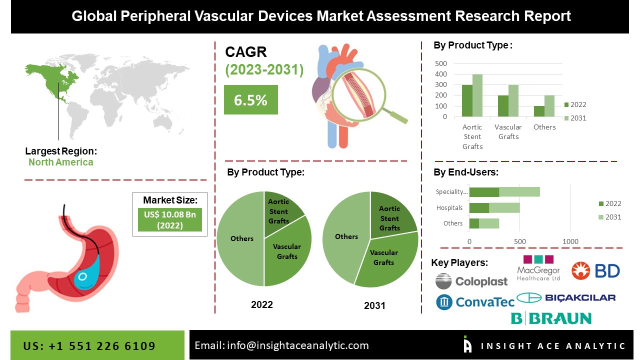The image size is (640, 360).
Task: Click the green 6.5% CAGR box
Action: click(x=250, y=99)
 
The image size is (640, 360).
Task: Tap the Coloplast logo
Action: click(x=471, y=281)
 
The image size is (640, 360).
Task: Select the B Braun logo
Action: click(x=551, y=318)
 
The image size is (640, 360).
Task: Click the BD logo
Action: click(x=595, y=271)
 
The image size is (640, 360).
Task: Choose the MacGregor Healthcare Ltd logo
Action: click(x=538, y=268)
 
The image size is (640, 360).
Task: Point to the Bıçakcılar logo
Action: click(x=566, y=298)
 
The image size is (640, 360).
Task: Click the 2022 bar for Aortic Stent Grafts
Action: click(x=467, y=100)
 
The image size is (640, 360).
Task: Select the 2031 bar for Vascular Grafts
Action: click(x=513, y=100)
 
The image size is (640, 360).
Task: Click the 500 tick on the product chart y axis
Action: click(x=441, y=63)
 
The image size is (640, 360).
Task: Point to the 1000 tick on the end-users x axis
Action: click(x=570, y=242)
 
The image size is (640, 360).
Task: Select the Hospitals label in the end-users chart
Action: click(x=449, y=207)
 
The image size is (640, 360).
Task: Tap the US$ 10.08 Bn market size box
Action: click(x=169, y=219)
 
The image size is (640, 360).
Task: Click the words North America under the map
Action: click(x=60, y=162)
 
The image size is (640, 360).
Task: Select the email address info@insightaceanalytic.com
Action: click(x=298, y=345)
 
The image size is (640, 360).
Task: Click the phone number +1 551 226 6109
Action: click(x=102, y=345)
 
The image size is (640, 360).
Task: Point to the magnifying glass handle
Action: click(x=397, y=117)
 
